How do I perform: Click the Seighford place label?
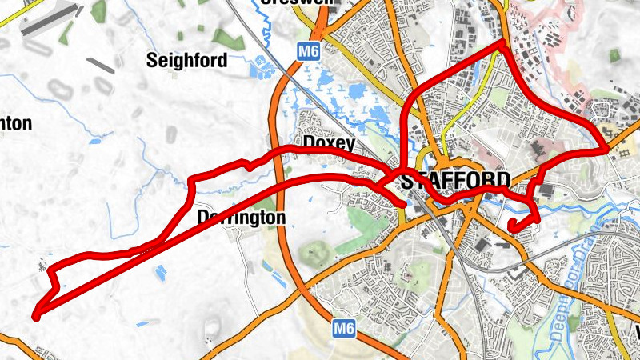point(187,60)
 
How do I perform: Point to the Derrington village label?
point(241,218)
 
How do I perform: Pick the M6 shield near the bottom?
point(343,327)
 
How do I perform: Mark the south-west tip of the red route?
point(36,317)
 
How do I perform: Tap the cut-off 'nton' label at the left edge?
point(15,123)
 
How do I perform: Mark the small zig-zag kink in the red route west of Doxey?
point(249,166)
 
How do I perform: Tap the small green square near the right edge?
point(614,54)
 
